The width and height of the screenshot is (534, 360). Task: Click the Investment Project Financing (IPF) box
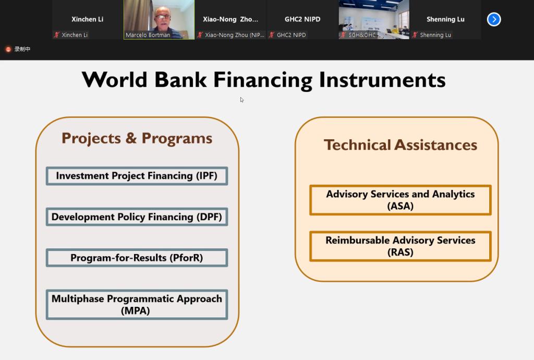tap(137, 176)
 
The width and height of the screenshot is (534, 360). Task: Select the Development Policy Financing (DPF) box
tap(137, 217)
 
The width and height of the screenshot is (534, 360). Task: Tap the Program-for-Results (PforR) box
tap(137, 258)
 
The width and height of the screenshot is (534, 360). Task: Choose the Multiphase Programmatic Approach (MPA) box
tap(137, 305)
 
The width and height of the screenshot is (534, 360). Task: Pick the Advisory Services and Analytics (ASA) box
tap(400, 200)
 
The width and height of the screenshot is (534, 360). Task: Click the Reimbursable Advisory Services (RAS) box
tap(400, 246)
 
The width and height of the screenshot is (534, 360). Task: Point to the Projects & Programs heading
tap(137, 138)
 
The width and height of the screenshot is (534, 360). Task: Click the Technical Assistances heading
tap(400, 145)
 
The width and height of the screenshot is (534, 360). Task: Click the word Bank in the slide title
tap(180, 80)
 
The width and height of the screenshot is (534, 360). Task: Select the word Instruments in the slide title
tap(382, 80)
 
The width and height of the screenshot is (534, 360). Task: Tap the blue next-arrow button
tap(494, 19)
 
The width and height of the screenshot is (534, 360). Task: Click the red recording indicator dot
tap(8, 50)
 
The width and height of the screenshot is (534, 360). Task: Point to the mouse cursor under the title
tap(242, 100)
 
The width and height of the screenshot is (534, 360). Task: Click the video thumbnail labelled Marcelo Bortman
tap(159, 19)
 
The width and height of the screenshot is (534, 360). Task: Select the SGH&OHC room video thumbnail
tap(374, 19)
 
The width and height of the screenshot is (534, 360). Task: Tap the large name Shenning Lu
tap(445, 19)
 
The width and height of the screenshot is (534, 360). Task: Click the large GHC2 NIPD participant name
tap(302, 19)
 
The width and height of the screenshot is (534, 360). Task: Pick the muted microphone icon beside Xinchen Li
tap(57, 35)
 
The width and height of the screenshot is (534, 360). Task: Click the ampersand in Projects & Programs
tap(131, 138)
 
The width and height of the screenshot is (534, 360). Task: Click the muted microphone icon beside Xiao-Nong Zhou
tap(200, 35)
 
